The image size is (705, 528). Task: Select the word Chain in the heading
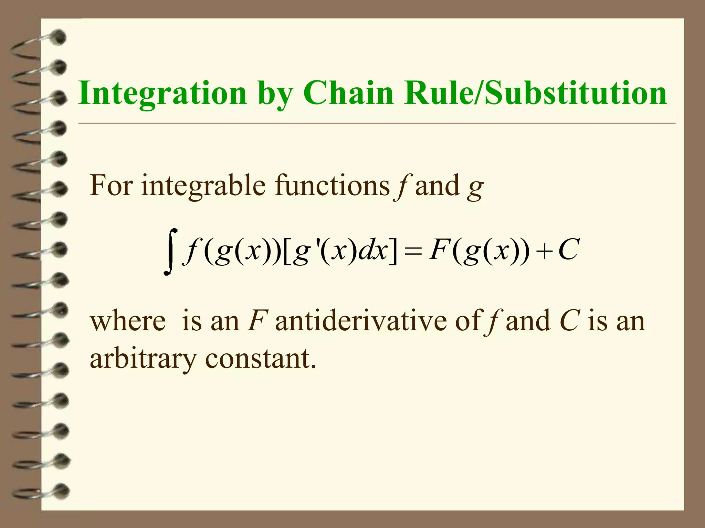348,93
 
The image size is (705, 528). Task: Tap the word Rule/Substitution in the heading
536,93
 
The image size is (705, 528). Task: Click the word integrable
203,186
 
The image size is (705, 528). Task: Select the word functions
332,185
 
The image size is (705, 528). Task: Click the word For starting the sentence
111,185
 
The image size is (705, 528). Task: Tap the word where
128,321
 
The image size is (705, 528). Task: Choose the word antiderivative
360,321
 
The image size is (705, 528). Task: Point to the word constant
260,358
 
